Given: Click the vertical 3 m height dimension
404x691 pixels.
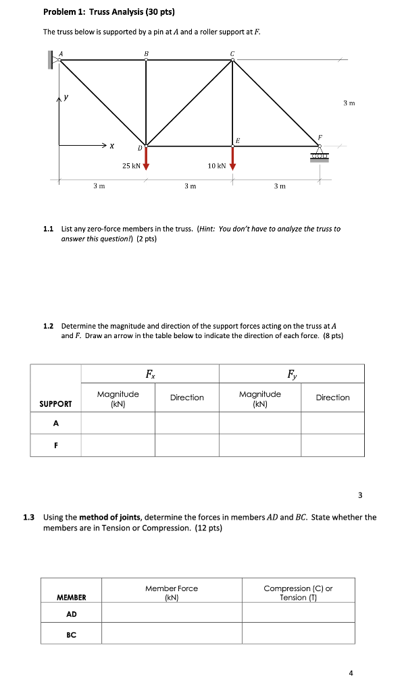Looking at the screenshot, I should click(x=349, y=103).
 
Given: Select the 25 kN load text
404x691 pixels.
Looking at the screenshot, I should click(x=131, y=165).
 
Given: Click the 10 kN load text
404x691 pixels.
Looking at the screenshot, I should click(x=217, y=165).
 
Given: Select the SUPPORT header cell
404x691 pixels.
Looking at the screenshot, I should click(x=56, y=404).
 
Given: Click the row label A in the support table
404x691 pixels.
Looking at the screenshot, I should click(x=56, y=423).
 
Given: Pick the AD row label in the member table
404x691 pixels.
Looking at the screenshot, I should click(x=71, y=613).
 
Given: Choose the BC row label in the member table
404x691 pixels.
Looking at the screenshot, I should click(x=71, y=634).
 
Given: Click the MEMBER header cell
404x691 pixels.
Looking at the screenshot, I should click(x=71, y=597).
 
